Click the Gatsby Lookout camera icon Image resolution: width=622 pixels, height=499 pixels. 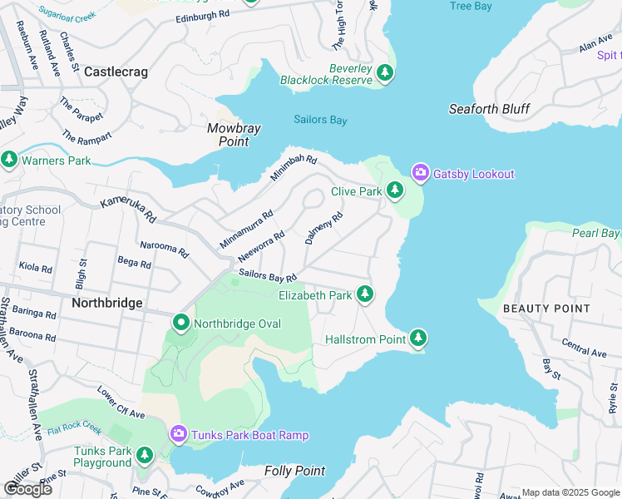[x=420, y=173]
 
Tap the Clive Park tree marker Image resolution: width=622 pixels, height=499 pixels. [x=395, y=192]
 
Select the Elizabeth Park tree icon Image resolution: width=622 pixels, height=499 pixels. [x=364, y=294]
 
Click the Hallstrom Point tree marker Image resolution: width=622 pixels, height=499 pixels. [x=418, y=338]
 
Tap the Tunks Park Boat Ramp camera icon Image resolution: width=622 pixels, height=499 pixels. [x=178, y=434]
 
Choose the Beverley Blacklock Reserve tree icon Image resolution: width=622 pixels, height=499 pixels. [x=384, y=73]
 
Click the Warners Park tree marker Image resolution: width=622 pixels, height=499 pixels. [x=9, y=159]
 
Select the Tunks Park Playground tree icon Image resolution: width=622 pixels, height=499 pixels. [x=145, y=455]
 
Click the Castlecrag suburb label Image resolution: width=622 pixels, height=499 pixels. [x=116, y=72]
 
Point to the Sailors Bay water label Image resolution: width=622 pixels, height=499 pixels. [x=320, y=120]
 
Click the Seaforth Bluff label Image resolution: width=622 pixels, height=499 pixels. [x=489, y=109]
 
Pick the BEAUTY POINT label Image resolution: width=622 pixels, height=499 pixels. [x=545, y=309]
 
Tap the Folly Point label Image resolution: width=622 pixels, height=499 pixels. [x=294, y=471]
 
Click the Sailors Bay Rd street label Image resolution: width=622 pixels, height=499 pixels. [x=268, y=275]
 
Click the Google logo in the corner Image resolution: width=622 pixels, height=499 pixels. [x=27, y=488]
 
